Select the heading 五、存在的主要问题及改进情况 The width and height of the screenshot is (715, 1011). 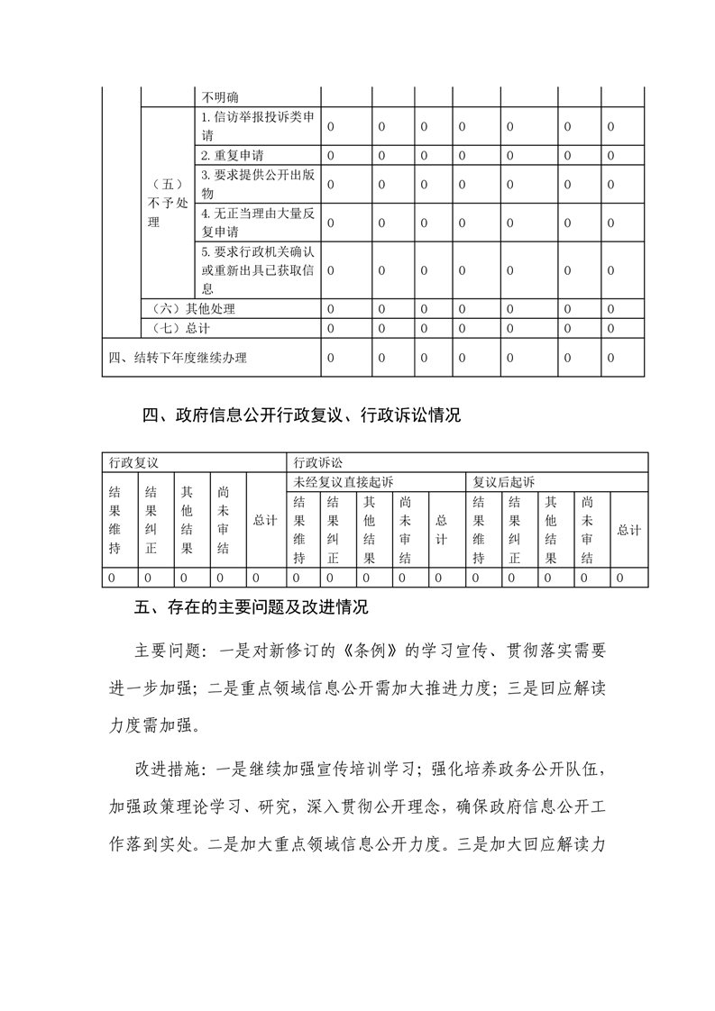coord(252,607)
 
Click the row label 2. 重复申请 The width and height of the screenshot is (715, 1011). coord(233,156)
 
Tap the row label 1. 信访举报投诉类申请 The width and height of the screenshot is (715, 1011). coord(257,126)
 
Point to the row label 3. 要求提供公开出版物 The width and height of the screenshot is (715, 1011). coord(257,184)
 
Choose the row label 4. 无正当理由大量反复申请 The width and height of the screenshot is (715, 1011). coord(257,223)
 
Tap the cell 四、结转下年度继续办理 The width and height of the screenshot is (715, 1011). coord(178,358)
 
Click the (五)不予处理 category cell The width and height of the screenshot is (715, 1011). coord(167,204)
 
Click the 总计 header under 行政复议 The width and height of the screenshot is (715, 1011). coord(265,521)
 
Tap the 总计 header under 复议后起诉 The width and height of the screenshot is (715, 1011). coord(629,530)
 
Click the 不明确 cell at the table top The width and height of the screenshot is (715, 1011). coord(220,97)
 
